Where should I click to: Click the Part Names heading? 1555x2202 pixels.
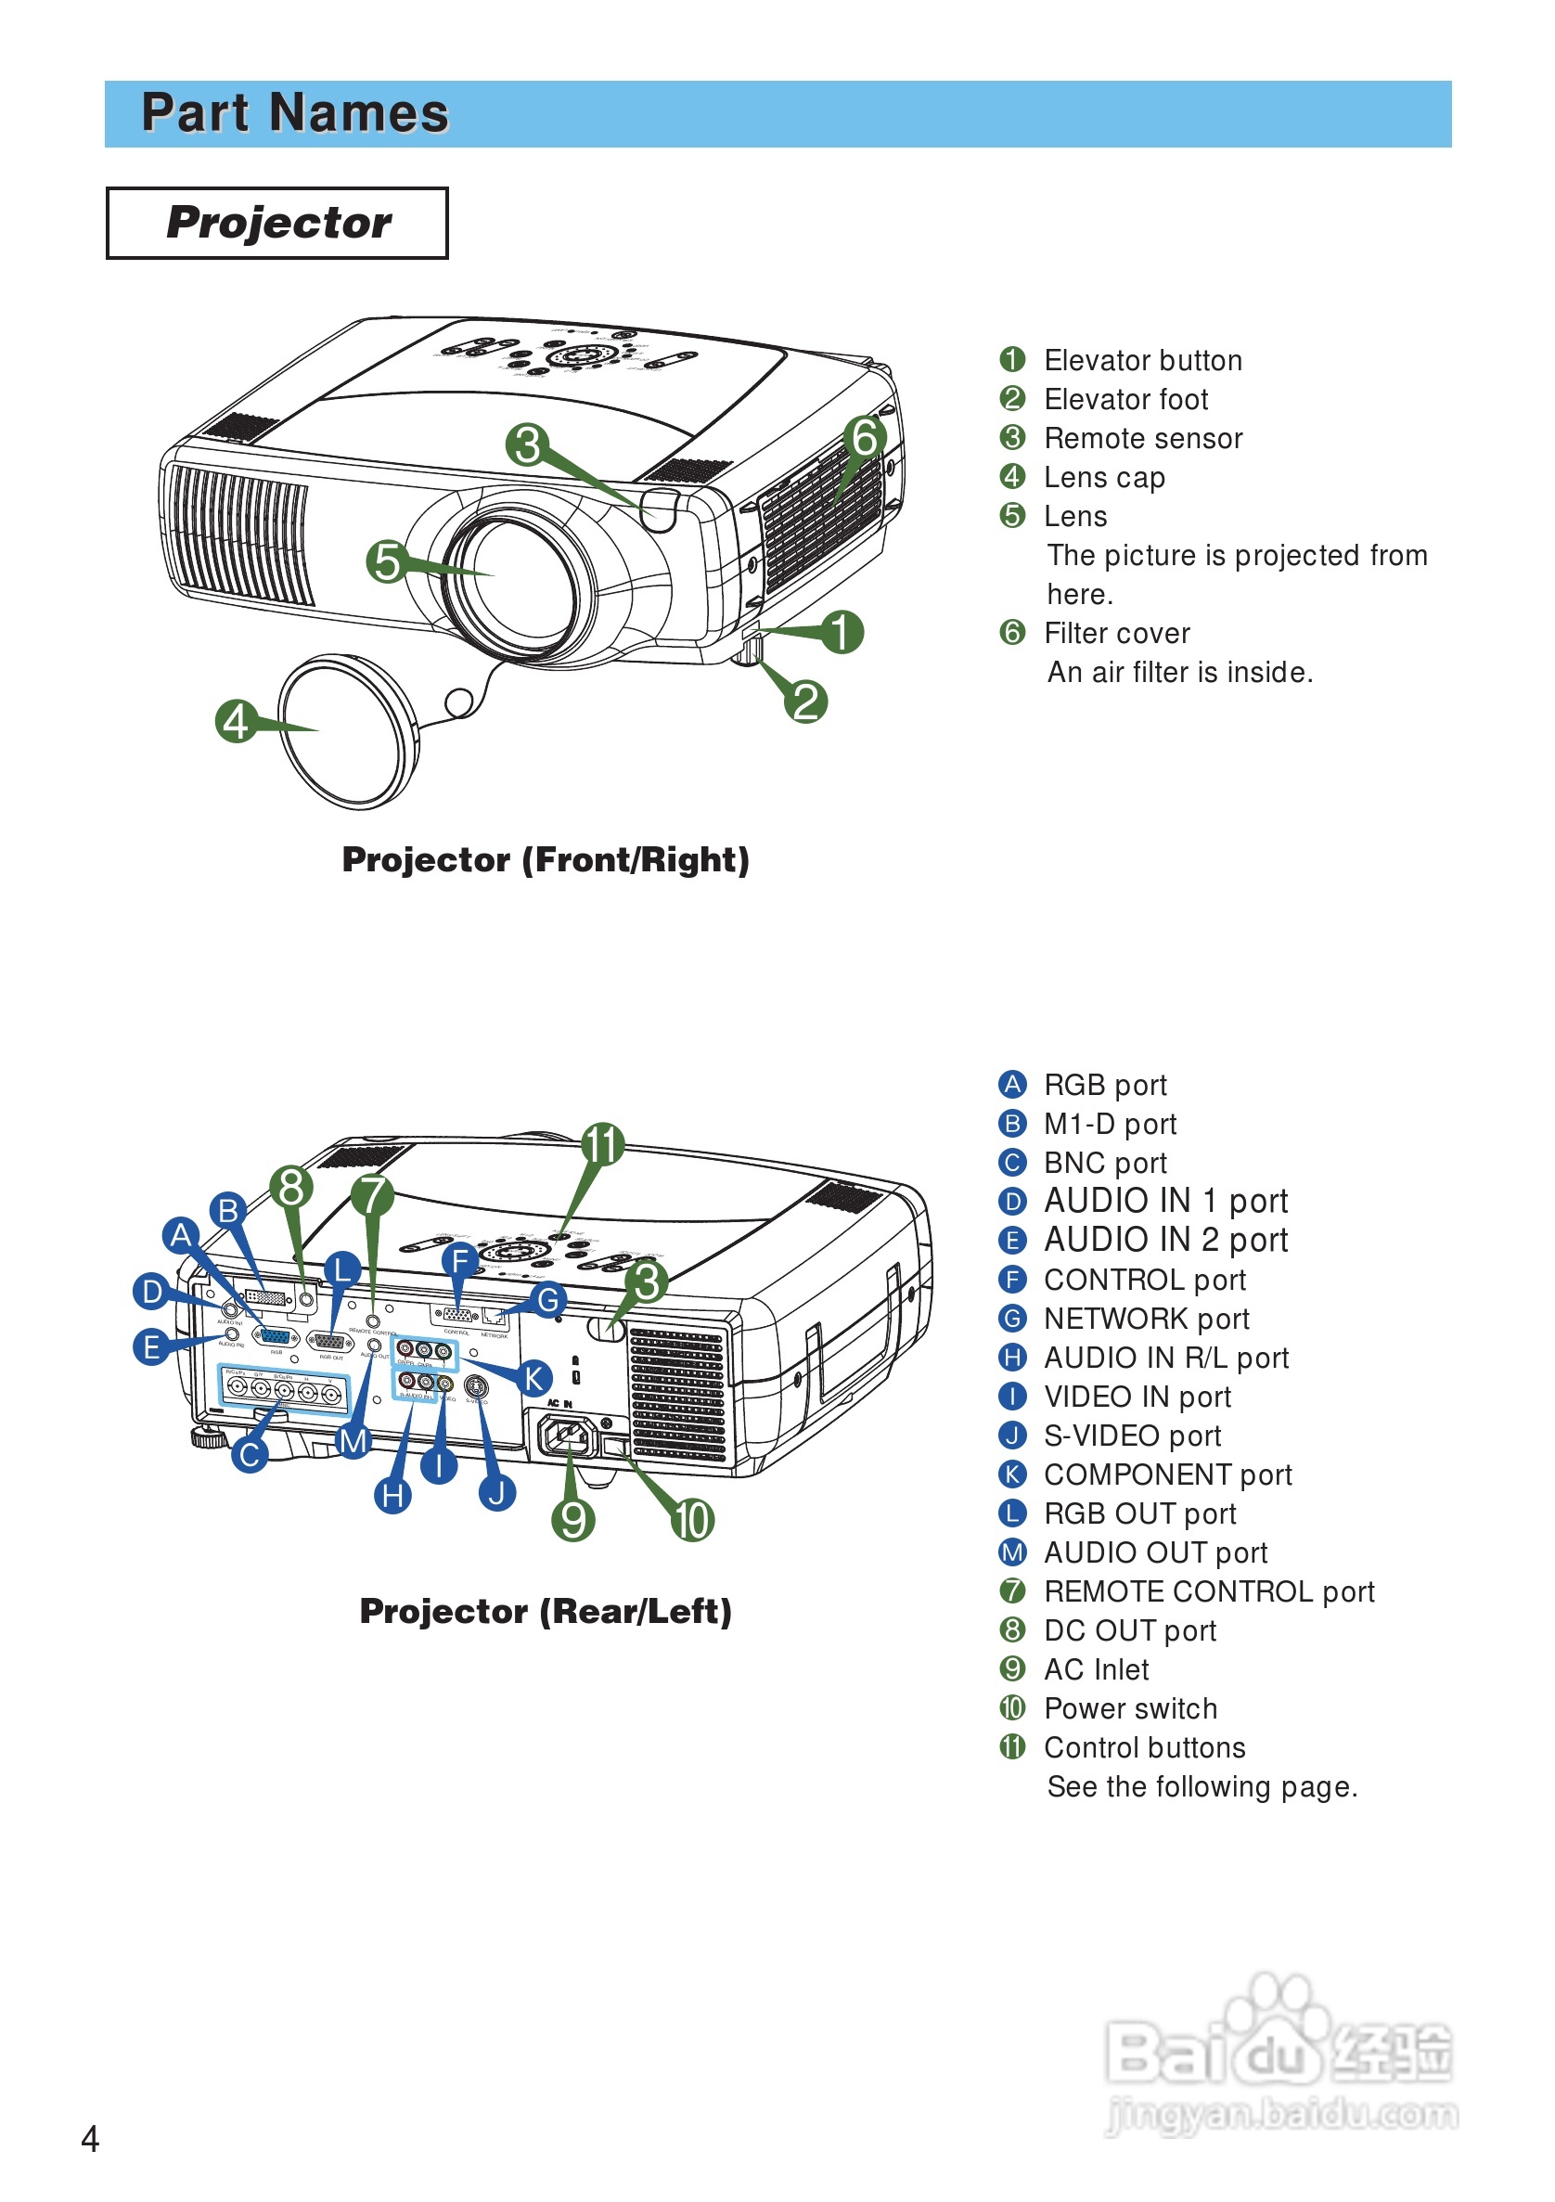point(294,113)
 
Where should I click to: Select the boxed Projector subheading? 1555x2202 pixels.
point(277,223)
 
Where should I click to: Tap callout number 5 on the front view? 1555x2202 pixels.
point(387,561)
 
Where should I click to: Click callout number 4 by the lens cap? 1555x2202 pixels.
point(237,721)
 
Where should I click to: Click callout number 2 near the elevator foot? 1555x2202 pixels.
point(805,702)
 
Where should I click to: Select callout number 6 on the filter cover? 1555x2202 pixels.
point(865,438)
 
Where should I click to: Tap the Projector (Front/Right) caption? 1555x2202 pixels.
point(546,859)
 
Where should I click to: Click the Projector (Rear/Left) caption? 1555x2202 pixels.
point(546,1611)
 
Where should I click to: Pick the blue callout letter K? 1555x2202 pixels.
point(534,1378)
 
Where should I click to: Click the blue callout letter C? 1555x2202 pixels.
point(250,1455)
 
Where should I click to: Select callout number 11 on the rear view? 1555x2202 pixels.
point(603,1144)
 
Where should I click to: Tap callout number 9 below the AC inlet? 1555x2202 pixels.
point(573,1520)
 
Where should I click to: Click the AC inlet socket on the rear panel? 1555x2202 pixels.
point(567,1436)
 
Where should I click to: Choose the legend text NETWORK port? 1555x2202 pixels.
point(1146,1319)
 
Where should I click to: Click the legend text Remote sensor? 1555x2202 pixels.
point(1143,438)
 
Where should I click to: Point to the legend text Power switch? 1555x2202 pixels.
point(1130,1708)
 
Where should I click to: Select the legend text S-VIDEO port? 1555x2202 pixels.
point(1132,1436)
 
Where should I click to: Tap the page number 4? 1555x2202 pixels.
point(90,2139)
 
